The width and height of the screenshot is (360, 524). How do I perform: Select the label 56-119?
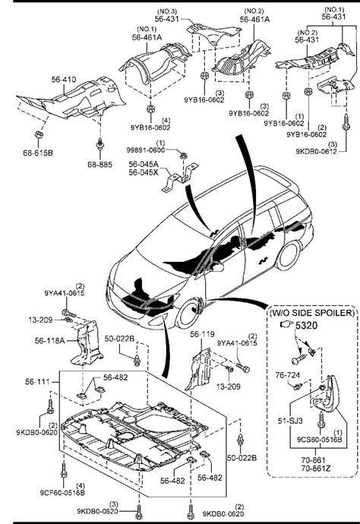pos(202,333)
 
